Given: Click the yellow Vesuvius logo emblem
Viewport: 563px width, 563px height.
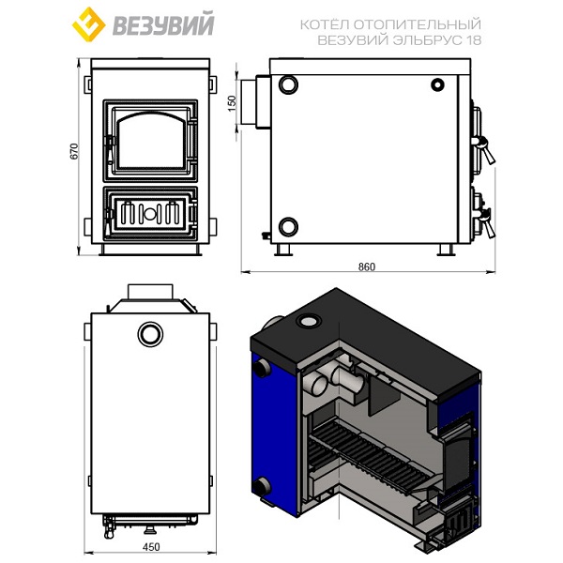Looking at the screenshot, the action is click(x=89, y=24).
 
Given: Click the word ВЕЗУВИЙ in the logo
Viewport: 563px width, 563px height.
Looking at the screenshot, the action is click(x=163, y=24).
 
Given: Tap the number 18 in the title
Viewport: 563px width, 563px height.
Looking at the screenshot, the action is click(x=474, y=39).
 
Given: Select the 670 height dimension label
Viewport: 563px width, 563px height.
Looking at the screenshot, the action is click(x=73, y=151).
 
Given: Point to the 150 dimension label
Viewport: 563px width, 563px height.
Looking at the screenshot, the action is click(x=233, y=103).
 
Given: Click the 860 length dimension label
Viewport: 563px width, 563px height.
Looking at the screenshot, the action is click(x=367, y=266).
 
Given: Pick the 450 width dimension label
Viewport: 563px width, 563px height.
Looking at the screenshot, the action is click(x=151, y=547).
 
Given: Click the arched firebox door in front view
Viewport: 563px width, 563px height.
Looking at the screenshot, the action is click(x=151, y=141).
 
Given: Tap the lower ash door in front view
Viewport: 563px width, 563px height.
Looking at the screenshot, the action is click(x=151, y=214).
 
